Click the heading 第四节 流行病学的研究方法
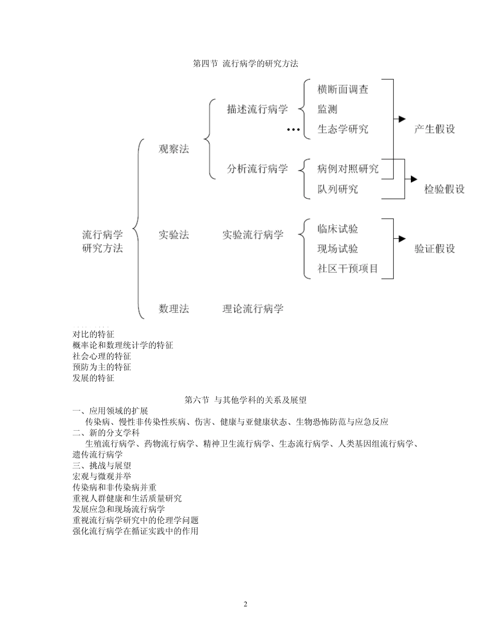pyautogui.click(x=245, y=64)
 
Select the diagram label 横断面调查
pyautogui.click(x=343, y=89)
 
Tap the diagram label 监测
pyautogui.click(x=328, y=109)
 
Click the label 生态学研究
pyautogui.click(x=343, y=129)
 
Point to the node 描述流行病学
pyautogui.click(x=257, y=109)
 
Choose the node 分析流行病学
pyautogui.click(x=257, y=169)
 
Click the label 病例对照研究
pyautogui.click(x=348, y=169)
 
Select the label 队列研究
pyautogui.click(x=337, y=189)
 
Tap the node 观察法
pyautogui.click(x=174, y=149)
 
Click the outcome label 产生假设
pyautogui.click(x=434, y=129)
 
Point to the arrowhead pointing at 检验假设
pyautogui.click(x=413, y=179)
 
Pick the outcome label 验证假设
pyautogui.click(x=434, y=249)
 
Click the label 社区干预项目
pyautogui.click(x=348, y=269)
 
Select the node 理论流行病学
pyautogui.click(x=253, y=309)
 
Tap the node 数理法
pyautogui.click(x=174, y=309)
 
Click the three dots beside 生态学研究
pyautogui.click(x=294, y=130)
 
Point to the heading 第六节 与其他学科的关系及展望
pyautogui.click(x=245, y=400)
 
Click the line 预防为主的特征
pyautogui.click(x=102, y=367)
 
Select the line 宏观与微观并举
pyautogui.click(x=102, y=476)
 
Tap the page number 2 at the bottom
pyautogui.click(x=245, y=604)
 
